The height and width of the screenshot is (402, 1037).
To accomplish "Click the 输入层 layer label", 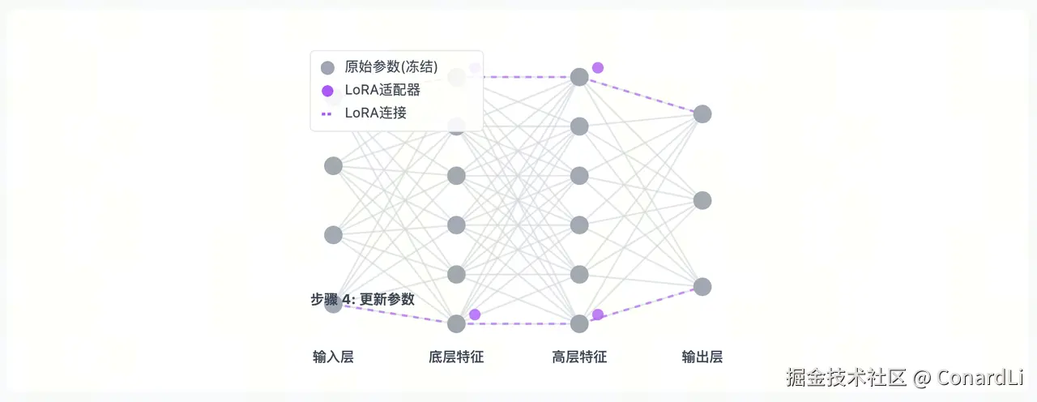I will click(333, 357).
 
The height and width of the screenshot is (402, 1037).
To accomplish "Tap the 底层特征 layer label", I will click(456, 357).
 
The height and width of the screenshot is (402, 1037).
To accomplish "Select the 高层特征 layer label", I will click(579, 357).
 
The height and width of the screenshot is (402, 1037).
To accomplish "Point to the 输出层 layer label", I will click(702, 357).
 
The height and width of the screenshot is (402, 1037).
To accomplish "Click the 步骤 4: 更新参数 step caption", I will click(363, 299).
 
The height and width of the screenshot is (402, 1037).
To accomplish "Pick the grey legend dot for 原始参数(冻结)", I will click(327, 68).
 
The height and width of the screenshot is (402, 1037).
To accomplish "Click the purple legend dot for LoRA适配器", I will click(327, 91).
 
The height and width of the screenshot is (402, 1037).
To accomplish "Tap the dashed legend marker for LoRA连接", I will click(327, 113).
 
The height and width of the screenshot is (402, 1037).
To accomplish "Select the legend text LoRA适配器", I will click(382, 90).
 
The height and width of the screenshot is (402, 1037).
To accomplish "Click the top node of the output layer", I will click(702, 113).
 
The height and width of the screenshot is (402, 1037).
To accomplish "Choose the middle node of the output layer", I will click(702, 200).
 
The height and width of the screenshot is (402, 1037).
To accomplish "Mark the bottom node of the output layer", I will click(702, 287).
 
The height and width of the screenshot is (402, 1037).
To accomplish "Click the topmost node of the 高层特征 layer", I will click(579, 77).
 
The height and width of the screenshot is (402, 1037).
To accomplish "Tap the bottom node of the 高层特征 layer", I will click(579, 323).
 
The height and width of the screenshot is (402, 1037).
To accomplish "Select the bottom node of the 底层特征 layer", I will click(456, 323).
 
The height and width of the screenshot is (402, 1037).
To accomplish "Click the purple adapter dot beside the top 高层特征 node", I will click(598, 67).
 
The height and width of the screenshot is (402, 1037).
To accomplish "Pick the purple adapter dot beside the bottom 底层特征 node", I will click(475, 314).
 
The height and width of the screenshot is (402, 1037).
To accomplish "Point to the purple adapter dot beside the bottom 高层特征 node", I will click(598, 314).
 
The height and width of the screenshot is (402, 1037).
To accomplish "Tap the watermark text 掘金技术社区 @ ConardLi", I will click(905, 377).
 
